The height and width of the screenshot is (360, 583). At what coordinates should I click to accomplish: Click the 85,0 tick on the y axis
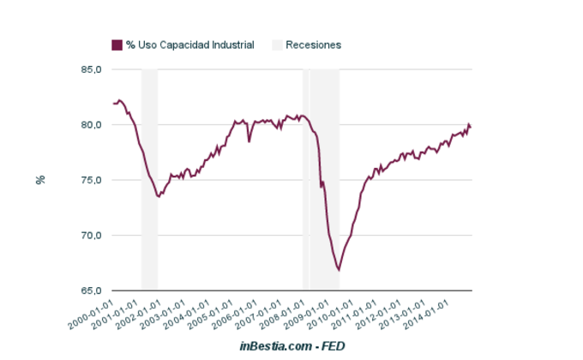pyautogui.click(x=92, y=69)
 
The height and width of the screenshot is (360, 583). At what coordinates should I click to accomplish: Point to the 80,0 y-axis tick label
pyautogui.click(x=92, y=125)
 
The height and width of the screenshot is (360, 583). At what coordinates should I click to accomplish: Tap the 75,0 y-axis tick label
pyautogui.click(x=92, y=180)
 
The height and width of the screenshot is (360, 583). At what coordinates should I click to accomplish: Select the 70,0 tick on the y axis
pyautogui.click(x=92, y=236)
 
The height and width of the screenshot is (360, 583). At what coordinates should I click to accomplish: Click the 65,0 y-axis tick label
pyautogui.click(x=92, y=291)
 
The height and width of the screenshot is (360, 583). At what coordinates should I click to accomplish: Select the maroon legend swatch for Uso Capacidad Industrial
pyautogui.click(x=117, y=45)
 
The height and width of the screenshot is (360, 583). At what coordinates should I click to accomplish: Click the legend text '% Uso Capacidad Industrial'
pyautogui.click(x=189, y=45)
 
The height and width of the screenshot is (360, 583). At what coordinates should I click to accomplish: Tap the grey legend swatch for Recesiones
pyautogui.click(x=277, y=45)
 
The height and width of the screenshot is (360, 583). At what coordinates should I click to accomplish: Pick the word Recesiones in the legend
pyautogui.click(x=314, y=45)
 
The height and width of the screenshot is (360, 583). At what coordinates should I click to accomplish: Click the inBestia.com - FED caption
pyautogui.click(x=291, y=345)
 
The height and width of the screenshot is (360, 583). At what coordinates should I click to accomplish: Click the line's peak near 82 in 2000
pyautogui.click(x=120, y=100)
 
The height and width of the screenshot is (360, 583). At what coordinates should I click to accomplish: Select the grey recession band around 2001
pyautogui.click(x=149, y=180)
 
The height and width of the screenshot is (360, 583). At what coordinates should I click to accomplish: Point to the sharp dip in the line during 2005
pyautogui.click(x=249, y=141)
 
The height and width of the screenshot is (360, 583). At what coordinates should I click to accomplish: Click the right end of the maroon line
pyautogui.click(x=471, y=128)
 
